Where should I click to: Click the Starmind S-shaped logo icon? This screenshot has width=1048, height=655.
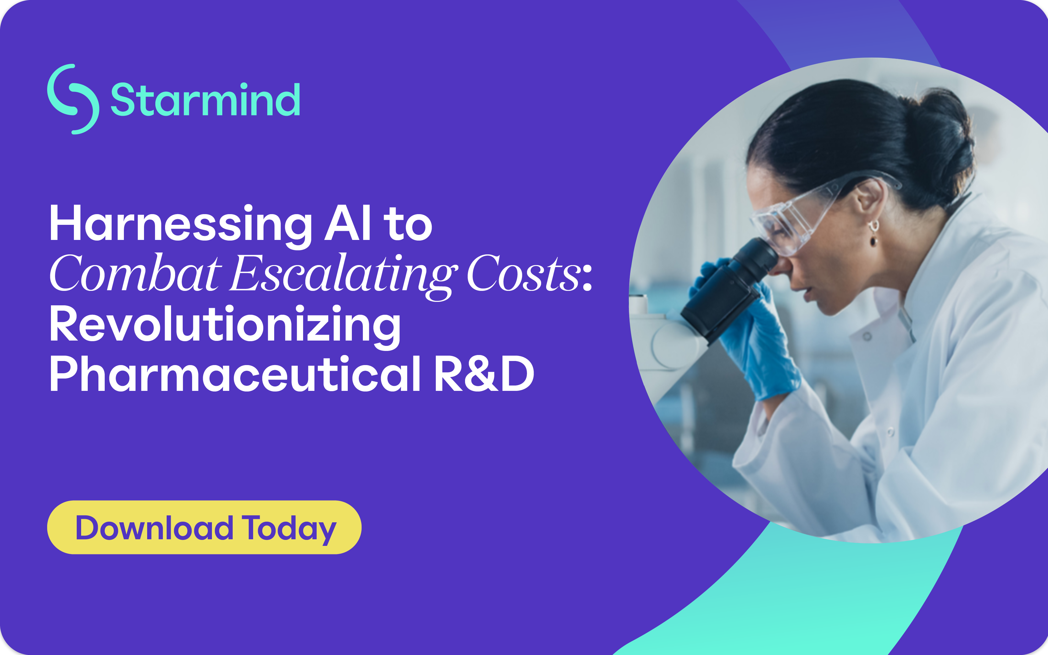point(73,99)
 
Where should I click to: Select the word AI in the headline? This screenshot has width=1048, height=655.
point(348,223)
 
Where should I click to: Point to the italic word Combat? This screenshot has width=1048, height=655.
point(136,273)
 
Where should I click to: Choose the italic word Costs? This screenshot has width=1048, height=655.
point(524,273)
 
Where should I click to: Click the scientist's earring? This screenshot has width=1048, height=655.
point(873,232)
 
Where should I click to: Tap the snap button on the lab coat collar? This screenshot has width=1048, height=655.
point(867,336)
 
